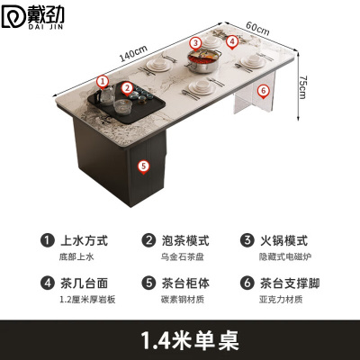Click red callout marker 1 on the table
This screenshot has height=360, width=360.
point(103,81)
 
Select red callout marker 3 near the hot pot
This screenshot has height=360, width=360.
point(195,41)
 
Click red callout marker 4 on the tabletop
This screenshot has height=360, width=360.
point(231,40)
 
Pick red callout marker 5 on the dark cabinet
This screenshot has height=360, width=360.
point(141,165)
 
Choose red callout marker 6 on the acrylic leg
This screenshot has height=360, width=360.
point(263,90)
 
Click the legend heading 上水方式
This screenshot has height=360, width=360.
point(84,241)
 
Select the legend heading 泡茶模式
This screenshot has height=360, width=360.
point(187,241)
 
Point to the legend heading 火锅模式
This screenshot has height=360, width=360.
point(284,241)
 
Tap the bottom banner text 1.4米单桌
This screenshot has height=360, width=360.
point(180,340)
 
